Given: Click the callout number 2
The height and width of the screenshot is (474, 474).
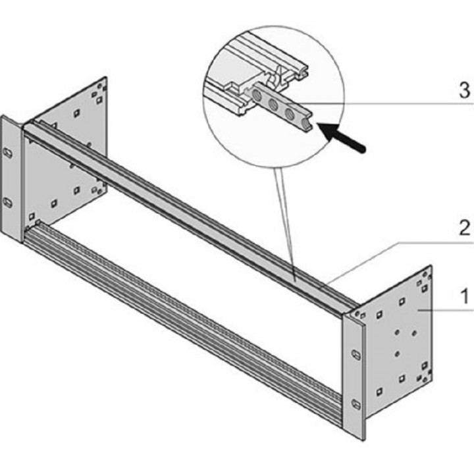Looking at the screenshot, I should point(465,228).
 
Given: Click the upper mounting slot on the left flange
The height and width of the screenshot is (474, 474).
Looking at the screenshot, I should point(8,153).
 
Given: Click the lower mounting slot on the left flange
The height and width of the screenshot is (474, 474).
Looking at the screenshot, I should point(8,203).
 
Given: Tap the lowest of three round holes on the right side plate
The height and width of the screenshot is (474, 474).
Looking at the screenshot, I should point(397,354).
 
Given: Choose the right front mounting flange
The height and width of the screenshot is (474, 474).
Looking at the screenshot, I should point(354,379).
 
